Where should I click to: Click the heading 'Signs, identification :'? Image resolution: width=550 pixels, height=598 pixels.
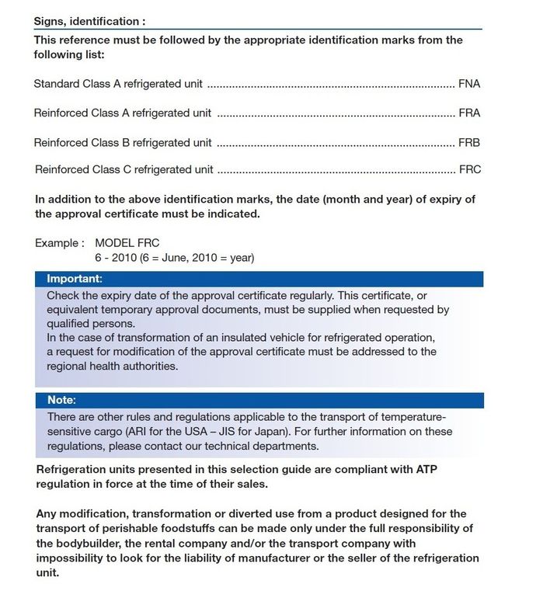coord(89,21)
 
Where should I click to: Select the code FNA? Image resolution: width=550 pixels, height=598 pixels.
coord(469,84)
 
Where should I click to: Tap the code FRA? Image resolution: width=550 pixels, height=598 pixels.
coord(469,113)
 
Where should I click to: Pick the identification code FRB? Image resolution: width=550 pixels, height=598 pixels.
coord(469,143)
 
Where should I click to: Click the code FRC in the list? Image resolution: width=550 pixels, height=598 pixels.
coord(470,169)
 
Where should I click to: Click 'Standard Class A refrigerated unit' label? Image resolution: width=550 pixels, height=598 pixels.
coord(119,84)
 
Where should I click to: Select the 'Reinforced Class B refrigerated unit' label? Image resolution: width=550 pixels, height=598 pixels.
coord(123,143)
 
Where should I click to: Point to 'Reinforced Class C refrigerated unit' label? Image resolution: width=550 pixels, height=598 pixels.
coord(124,169)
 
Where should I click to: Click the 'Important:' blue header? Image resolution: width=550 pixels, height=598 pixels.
coord(75,279)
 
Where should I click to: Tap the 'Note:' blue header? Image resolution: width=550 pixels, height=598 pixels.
coord(61,401)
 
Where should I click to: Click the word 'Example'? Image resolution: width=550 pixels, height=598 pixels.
coord(56,243)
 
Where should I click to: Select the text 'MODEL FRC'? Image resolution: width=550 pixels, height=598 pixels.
coord(127,243)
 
